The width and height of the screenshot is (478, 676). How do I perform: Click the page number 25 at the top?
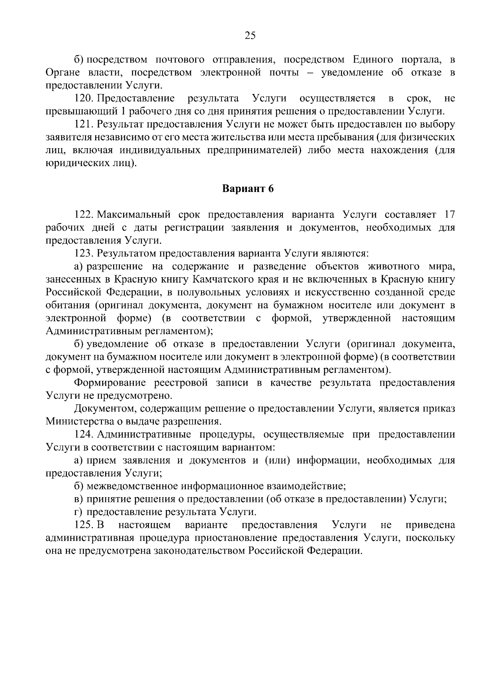click(250, 36)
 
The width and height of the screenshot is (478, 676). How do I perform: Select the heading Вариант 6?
click(248, 188)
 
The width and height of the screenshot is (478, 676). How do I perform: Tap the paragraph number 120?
click(84, 98)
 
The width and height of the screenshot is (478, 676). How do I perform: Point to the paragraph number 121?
click(84, 124)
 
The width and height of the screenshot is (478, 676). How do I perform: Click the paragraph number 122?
click(84, 215)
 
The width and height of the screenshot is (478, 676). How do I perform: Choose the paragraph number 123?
click(84, 253)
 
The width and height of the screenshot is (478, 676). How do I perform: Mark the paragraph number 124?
click(84, 434)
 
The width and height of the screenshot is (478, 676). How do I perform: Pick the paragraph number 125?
click(84, 525)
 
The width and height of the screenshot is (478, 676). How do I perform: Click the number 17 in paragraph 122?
click(449, 215)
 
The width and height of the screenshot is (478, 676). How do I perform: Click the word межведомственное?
click(132, 486)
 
